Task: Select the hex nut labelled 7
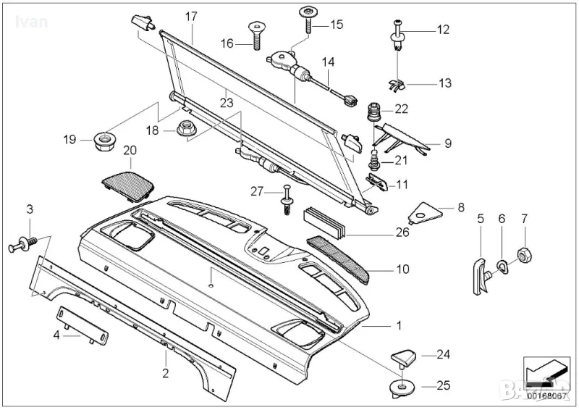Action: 526,255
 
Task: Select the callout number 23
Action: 227,103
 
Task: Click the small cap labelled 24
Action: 404,356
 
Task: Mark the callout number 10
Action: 402,269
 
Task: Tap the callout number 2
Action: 165,374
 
